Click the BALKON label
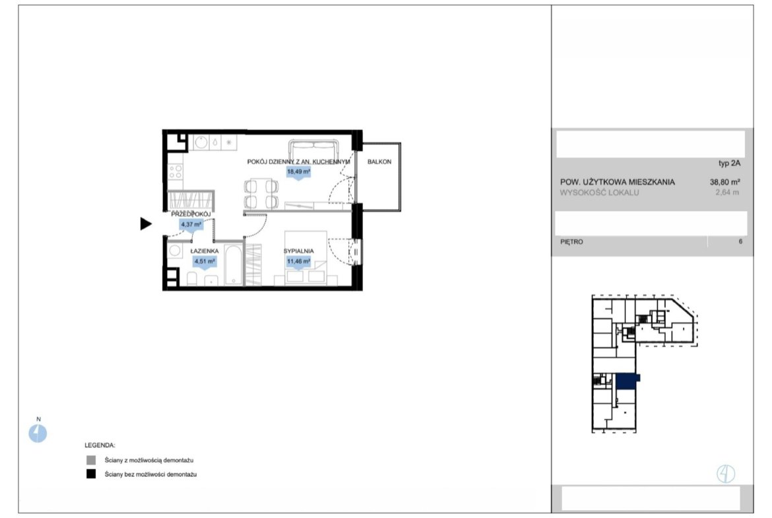tap(379, 162)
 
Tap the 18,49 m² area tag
tap(298, 172)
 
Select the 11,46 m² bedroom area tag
tap(298, 261)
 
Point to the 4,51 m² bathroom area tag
tap(205, 261)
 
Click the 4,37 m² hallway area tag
tap(191, 224)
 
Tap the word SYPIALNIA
tap(298, 251)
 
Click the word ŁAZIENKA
tap(205, 251)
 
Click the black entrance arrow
tap(146, 224)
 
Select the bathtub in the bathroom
tap(234, 264)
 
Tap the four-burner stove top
tap(176, 172)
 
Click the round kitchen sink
tap(201, 143)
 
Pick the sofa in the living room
tap(313, 148)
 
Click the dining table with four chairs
tap(261, 193)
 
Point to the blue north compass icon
tap(38, 434)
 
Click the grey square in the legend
tap(91, 460)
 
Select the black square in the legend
tap(91, 474)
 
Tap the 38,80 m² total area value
tap(724, 181)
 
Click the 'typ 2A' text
tap(729, 164)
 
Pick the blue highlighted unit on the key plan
tap(626, 381)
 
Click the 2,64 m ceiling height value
tap(727, 193)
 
